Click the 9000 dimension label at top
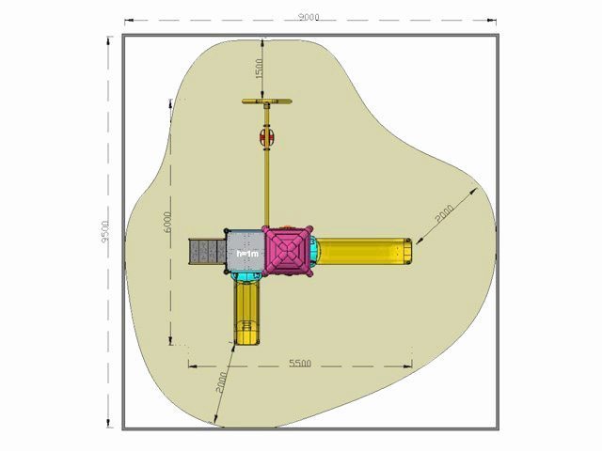click(309, 17)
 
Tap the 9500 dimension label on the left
click(105, 231)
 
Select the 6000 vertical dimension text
click(167, 222)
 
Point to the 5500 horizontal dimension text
click(300, 363)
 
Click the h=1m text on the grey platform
click(247, 255)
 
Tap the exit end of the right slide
click(406, 252)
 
